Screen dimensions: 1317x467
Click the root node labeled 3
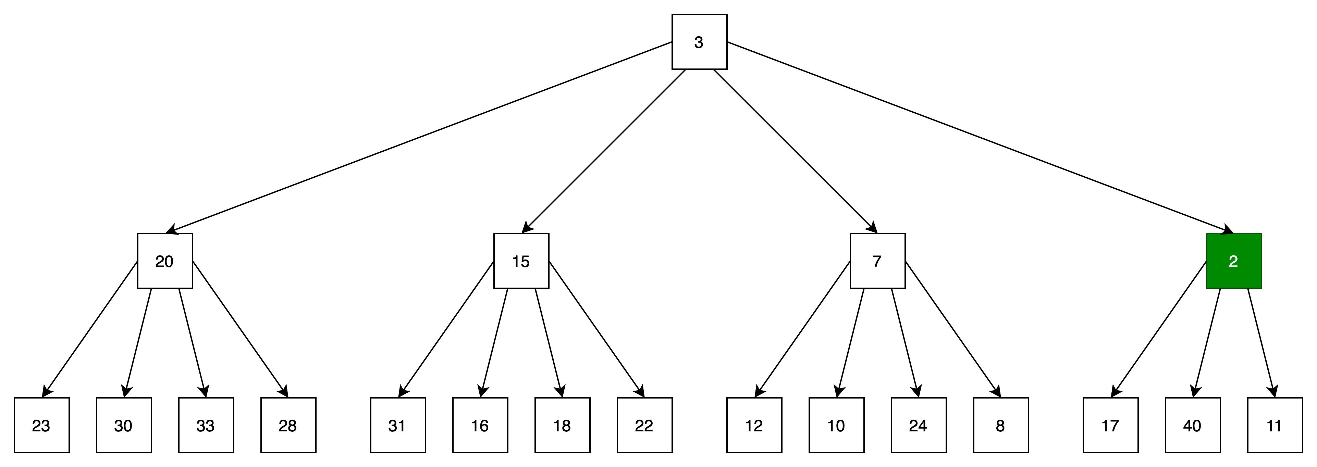(x=699, y=42)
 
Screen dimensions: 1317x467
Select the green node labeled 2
(x=1234, y=261)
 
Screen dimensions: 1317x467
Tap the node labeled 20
(x=164, y=261)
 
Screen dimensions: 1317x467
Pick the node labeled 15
(x=521, y=261)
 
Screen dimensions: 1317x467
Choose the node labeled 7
(x=877, y=261)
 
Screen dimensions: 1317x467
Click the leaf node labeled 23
(x=41, y=425)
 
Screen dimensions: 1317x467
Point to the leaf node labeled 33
(x=206, y=425)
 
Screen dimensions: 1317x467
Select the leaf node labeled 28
(x=288, y=425)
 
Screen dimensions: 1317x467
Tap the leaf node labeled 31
(x=398, y=425)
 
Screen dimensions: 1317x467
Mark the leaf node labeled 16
(x=480, y=425)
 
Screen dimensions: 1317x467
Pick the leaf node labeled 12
(x=754, y=425)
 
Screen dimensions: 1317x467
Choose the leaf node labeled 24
(x=919, y=425)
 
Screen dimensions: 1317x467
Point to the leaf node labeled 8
(x=1001, y=425)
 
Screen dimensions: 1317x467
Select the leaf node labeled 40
(x=1193, y=425)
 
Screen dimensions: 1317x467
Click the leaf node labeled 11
(x=1275, y=425)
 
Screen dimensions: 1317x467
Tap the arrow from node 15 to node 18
(x=549, y=343)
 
